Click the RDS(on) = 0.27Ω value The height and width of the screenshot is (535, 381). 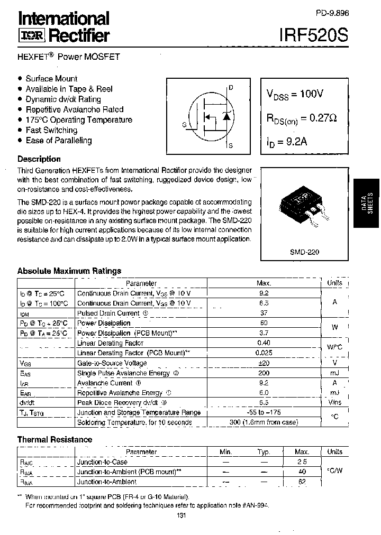pos(301,118)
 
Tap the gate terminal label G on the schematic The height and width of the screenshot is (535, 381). pos(184,125)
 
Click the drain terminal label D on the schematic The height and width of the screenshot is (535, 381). pos(231,88)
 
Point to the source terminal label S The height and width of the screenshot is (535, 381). pos(231,145)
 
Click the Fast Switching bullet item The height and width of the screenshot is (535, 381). pos(51,130)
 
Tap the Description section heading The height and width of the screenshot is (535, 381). pos(39,159)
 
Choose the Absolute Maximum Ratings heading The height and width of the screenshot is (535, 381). pos(69,271)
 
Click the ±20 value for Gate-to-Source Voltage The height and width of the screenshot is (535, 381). pos(264,363)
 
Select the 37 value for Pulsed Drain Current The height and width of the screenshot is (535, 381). pos(264,313)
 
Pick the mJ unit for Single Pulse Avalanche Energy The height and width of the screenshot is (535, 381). pos(334,373)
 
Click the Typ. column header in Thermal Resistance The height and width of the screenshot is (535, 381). pos(264,452)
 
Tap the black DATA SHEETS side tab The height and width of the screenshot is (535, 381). pos(366,204)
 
